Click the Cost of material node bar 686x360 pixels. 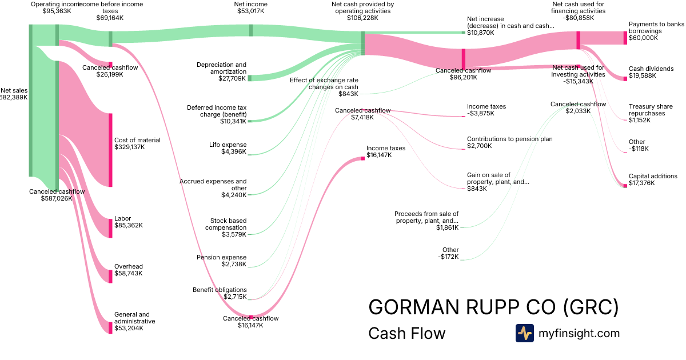click(x=110, y=150)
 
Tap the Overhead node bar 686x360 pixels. click(x=110, y=276)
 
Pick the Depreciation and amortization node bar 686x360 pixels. click(x=250, y=78)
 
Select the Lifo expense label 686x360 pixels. click(x=228, y=148)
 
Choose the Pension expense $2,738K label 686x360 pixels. click(x=221, y=261)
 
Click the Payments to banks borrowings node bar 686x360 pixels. click(x=625, y=38)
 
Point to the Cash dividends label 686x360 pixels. click(x=651, y=72)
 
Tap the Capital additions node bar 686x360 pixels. click(x=625, y=186)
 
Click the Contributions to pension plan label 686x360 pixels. click(x=509, y=143)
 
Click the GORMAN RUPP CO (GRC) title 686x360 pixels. click(x=493, y=307)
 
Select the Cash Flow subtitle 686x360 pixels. click(x=406, y=333)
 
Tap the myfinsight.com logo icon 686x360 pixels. click(x=524, y=333)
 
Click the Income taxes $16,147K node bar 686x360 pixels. click(x=362, y=158)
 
